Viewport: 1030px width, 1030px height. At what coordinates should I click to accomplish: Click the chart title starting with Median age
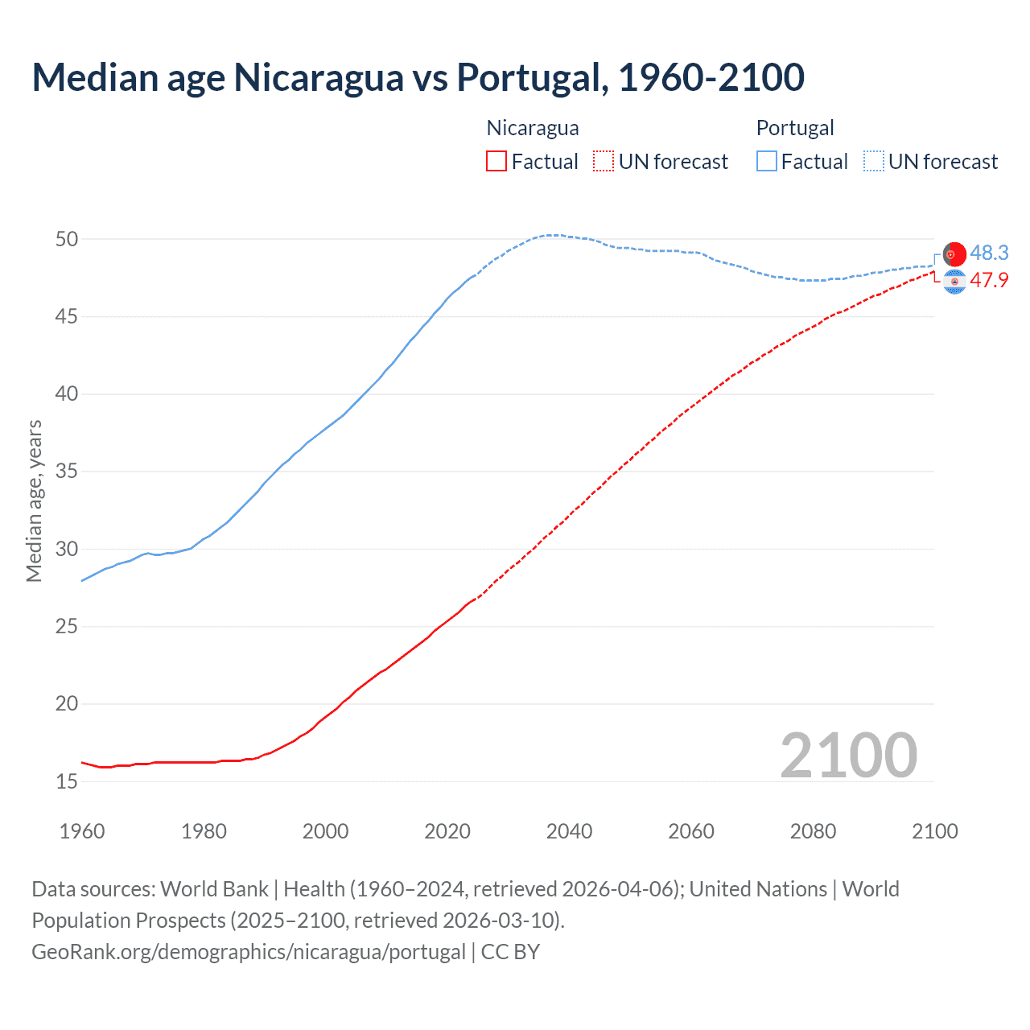[x=418, y=77]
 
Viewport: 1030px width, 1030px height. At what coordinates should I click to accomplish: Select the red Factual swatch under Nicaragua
[x=496, y=162]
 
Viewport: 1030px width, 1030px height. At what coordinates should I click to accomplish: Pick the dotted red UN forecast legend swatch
[x=604, y=162]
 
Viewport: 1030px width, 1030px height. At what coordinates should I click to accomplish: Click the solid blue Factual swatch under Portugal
[x=767, y=162]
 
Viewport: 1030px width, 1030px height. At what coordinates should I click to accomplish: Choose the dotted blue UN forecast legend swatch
[x=874, y=162]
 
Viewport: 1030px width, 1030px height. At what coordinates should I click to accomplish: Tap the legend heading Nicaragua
[x=532, y=128]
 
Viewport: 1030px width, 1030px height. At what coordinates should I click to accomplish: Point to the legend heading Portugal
[x=794, y=128]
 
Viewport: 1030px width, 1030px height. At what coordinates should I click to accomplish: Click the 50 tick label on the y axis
[x=67, y=239]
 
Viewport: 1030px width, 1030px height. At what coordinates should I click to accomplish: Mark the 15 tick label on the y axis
[x=67, y=781]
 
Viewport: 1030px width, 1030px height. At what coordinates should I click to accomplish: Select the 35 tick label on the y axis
[x=67, y=472]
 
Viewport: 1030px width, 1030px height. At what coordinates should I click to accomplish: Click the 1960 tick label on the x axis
[x=82, y=831]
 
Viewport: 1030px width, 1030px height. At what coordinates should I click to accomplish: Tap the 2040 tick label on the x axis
[x=569, y=831]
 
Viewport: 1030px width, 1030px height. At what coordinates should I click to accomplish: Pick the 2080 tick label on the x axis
[x=813, y=831]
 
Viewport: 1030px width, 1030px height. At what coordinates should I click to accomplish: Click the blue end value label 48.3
[x=989, y=253]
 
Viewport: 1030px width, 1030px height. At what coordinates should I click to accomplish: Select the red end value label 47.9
[x=989, y=281]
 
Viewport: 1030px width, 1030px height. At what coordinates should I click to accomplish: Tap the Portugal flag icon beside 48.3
[x=954, y=253]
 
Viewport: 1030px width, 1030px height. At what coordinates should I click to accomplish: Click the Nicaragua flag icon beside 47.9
[x=954, y=282]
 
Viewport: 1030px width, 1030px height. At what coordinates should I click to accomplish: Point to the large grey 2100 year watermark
[x=848, y=755]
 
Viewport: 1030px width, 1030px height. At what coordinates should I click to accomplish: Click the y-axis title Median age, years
[x=34, y=501]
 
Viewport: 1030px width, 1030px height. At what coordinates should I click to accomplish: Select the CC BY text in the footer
[x=510, y=952]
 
